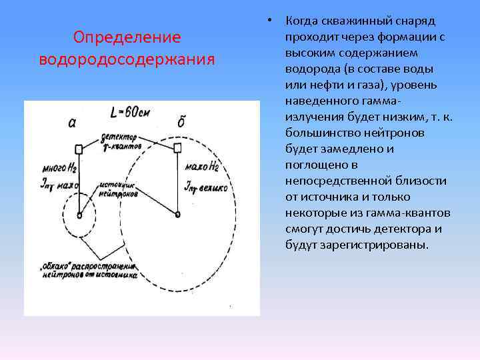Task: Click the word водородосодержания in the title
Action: click(x=127, y=59)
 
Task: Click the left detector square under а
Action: click(x=79, y=149)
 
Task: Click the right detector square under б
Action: click(x=177, y=147)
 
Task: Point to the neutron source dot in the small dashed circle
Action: click(x=79, y=215)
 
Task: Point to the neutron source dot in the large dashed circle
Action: click(x=177, y=214)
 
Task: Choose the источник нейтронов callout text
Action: click(x=120, y=186)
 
